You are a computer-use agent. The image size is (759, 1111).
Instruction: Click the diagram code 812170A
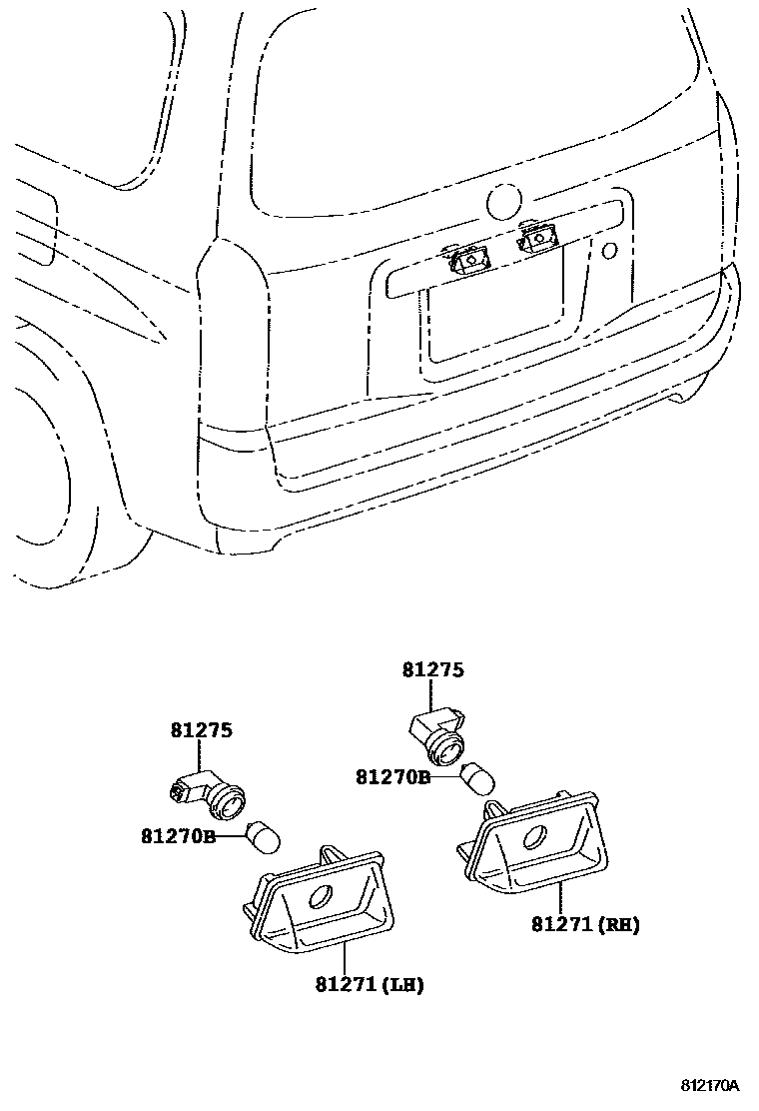710,1085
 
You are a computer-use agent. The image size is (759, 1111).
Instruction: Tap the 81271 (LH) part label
369,985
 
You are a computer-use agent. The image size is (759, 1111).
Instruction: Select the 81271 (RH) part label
585,925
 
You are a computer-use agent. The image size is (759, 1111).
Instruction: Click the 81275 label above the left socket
200,730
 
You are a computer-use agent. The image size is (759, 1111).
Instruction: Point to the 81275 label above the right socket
433,670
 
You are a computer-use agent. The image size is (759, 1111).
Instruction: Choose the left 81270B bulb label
178,835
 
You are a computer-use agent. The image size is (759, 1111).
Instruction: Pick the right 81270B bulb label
392,775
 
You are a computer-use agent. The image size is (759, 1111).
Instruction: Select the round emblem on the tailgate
503,202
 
